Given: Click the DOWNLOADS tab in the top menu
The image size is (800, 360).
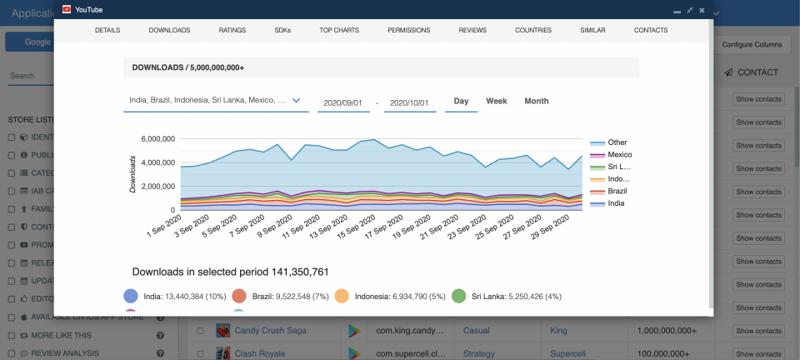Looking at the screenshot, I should pos(169,30).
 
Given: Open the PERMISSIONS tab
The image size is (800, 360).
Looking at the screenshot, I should pos(408,30).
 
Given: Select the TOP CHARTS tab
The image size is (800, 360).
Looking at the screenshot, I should pos(339,30).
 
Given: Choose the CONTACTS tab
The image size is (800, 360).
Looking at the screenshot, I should pos(650,30).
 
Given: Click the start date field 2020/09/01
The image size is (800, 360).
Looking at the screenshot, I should pos(343,102).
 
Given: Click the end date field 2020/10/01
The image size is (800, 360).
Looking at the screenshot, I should pos(410,102).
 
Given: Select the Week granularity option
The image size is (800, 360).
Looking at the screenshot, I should pos(497,101).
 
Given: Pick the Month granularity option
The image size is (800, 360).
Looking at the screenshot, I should pos(536,101).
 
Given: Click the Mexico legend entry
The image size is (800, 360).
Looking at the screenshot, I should pos(618,155).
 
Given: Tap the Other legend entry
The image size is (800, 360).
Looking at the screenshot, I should pos(617,142).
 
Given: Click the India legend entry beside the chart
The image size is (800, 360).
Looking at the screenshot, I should pos(615,203).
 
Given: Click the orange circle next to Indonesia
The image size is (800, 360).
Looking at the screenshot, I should pos(342,296).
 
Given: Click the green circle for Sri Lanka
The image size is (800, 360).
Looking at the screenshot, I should pos(458,296).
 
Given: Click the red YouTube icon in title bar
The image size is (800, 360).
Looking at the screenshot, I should pos(67,9).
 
